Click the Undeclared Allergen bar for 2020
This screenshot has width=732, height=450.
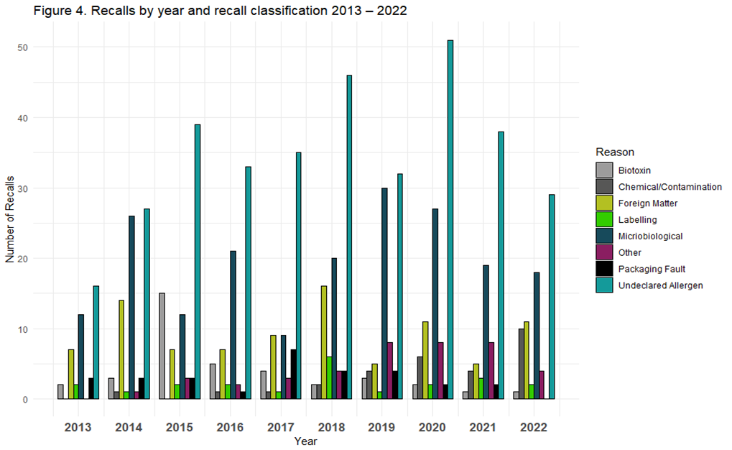click(450, 219)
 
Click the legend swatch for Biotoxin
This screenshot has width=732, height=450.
click(604, 170)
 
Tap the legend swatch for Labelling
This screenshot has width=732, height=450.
click(604, 220)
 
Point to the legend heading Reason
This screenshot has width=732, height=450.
click(615, 152)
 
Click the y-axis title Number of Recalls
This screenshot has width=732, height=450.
click(10, 223)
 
